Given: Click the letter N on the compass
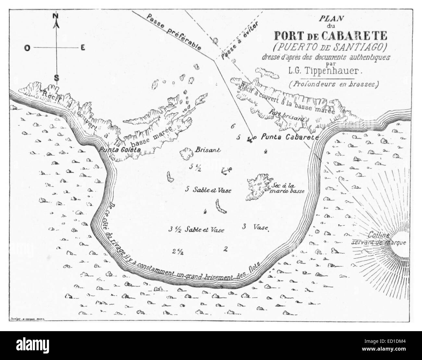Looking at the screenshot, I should pyautogui.click(x=56, y=16).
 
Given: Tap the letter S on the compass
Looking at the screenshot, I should pyautogui.click(x=56, y=78).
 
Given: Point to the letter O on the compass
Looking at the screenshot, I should pyautogui.click(x=28, y=48).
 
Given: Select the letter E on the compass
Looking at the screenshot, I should pyautogui.click(x=83, y=48).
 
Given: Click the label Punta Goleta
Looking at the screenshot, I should pyautogui.click(x=120, y=150).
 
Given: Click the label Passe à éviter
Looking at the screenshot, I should pyautogui.click(x=240, y=42).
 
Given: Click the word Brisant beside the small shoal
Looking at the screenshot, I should pyautogui.click(x=208, y=150).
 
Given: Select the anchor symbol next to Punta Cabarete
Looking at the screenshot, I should pyautogui.click(x=250, y=139).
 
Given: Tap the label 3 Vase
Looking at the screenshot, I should pyautogui.click(x=255, y=227).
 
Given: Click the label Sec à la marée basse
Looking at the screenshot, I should pyautogui.click(x=288, y=188).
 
